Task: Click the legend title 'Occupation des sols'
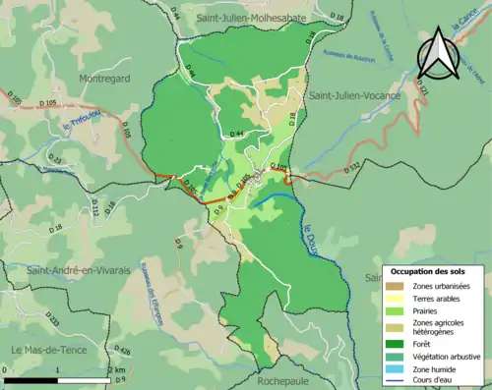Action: click(x=434, y=270)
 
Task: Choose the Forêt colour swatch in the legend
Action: click(x=400, y=343)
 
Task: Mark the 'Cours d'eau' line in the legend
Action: click(x=400, y=382)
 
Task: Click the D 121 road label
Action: click(x=423, y=92)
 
